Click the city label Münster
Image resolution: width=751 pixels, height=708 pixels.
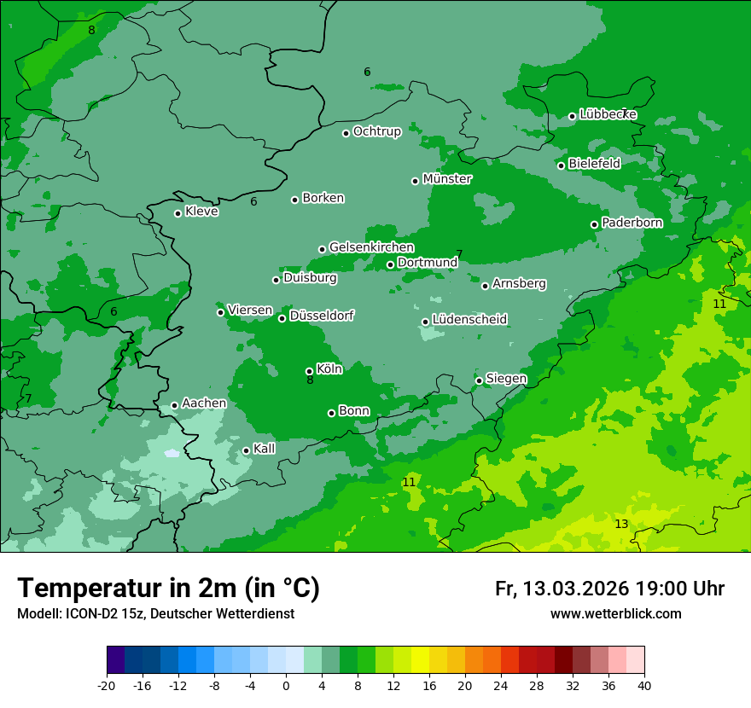tap(447, 179)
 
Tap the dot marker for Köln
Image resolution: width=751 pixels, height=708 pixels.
tap(309, 371)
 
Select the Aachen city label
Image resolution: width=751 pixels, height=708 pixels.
tap(204, 403)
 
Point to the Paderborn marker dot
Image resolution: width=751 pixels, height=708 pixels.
tap(595, 224)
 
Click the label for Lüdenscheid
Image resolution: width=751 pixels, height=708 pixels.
tap(469, 320)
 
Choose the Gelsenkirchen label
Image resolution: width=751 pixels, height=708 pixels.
tap(371, 247)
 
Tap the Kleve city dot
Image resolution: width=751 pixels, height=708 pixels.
tap(178, 213)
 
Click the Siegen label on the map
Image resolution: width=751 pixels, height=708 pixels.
tap(506, 379)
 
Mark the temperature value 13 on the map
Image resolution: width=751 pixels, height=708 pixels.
tap(621, 524)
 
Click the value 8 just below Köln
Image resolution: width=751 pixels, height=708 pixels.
tap(310, 380)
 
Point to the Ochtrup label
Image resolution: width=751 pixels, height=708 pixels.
tap(376, 131)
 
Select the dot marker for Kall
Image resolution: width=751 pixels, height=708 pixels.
tap(246, 450)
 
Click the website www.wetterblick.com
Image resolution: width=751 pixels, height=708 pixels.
tap(615, 613)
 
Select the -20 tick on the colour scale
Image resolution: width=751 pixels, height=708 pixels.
tap(107, 686)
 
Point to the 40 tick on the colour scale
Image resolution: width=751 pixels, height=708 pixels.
tap(644, 686)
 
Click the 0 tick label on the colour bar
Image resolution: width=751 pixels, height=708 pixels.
tap(286, 686)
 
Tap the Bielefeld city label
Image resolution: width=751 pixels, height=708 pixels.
tap(594, 163)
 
